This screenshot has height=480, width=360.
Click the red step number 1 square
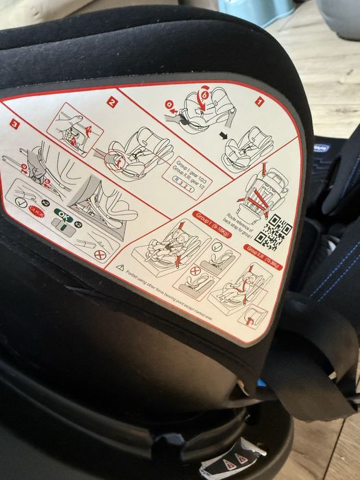click(259, 101)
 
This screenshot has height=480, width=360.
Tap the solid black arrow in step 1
click(224, 135)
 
